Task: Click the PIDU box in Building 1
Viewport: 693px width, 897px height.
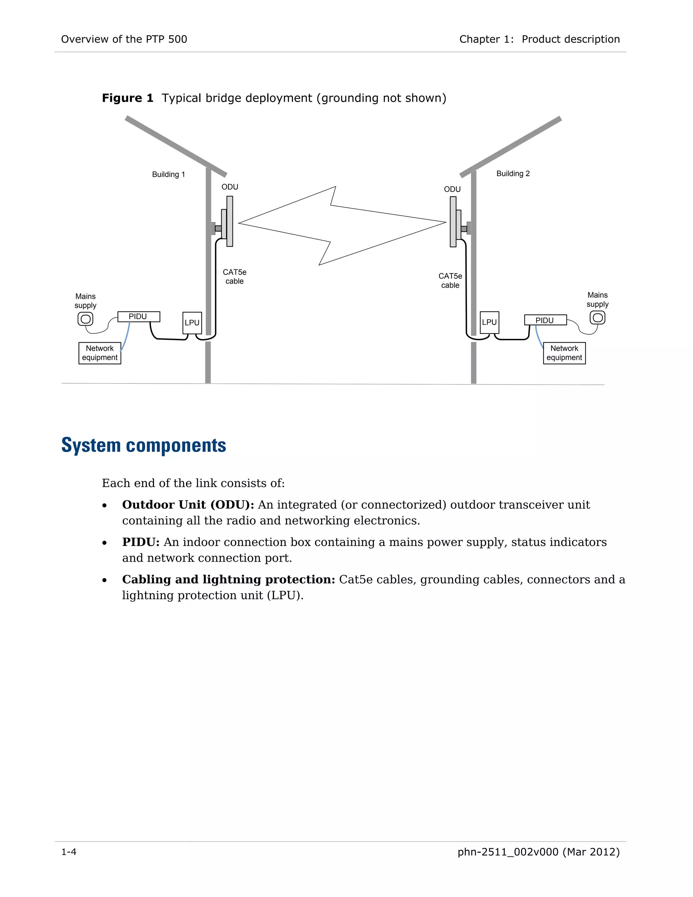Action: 138,317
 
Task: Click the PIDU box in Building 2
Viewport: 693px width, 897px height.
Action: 545,320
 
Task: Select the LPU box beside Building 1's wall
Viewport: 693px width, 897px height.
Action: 192,323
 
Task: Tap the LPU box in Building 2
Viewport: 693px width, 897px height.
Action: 489,322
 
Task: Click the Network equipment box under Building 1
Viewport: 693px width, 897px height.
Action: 100,353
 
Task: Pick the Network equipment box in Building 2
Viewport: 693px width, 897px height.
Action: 564,353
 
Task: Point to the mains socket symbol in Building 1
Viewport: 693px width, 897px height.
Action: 85,319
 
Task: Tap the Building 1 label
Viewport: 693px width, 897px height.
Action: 168,175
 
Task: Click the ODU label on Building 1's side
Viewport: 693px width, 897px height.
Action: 229,187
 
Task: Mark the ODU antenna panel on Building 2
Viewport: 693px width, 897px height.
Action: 453,222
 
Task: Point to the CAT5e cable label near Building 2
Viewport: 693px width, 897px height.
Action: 450,281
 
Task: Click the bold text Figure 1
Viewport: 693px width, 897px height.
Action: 127,98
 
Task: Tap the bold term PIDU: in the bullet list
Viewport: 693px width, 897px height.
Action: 140,542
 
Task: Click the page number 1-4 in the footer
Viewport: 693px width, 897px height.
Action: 69,852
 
